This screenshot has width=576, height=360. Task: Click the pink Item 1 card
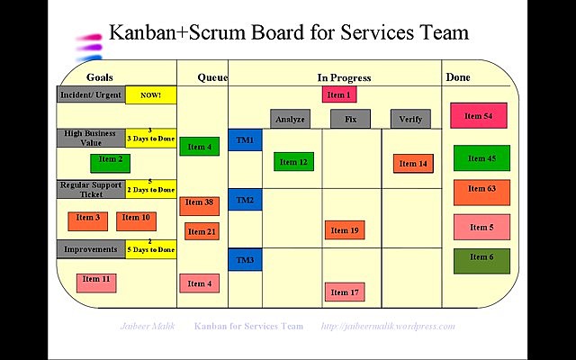point(338,94)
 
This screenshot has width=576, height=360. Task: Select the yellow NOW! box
point(150,94)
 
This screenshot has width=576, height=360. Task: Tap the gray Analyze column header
point(291,119)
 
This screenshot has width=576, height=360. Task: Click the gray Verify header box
point(410,119)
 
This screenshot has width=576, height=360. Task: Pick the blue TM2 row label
point(245,200)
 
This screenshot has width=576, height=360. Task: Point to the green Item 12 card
point(293,162)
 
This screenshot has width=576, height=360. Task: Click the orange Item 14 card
point(413,163)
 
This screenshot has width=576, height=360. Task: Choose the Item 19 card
point(345,230)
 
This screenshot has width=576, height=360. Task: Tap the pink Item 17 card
point(345,292)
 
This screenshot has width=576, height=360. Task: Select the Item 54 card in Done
point(479,116)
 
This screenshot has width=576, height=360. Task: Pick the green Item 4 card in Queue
point(198,147)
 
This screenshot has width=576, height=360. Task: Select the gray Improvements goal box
point(91,249)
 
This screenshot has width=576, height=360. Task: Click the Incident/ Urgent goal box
point(91,94)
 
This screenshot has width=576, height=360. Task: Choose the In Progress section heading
point(344,78)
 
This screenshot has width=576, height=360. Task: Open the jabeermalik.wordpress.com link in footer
point(388,326)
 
